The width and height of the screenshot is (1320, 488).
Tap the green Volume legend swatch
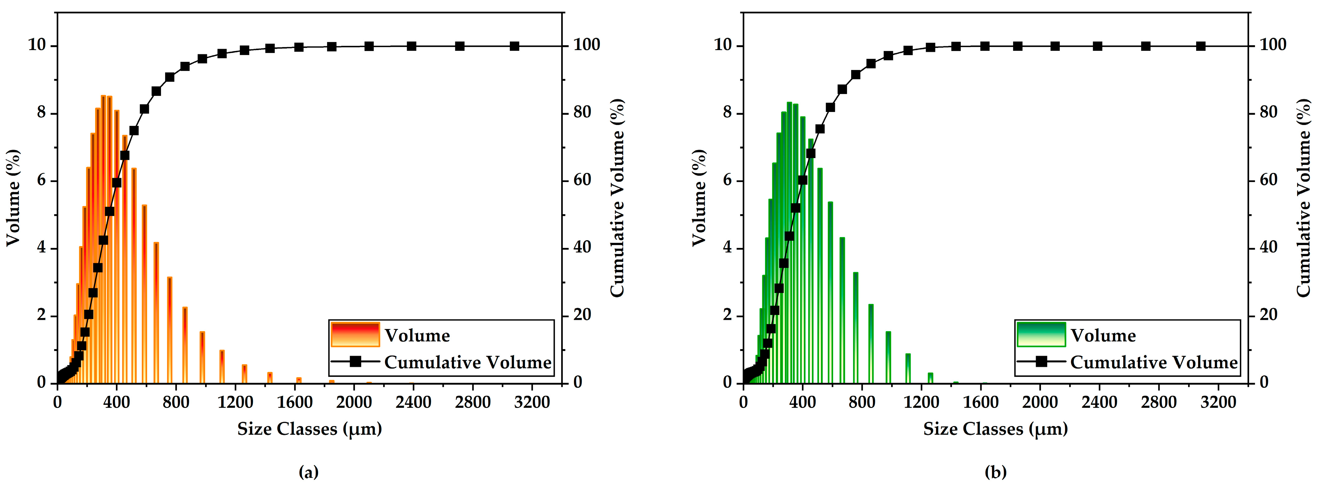click(x=1041, y=335)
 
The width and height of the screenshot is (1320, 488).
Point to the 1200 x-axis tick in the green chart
click(x=921, y=402)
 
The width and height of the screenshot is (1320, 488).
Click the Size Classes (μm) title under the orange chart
click(x=309, y=429)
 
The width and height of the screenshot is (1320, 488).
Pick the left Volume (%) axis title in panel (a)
click(x=13, y=198)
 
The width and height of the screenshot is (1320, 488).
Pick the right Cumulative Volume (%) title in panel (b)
click(x=1304, y=198)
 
